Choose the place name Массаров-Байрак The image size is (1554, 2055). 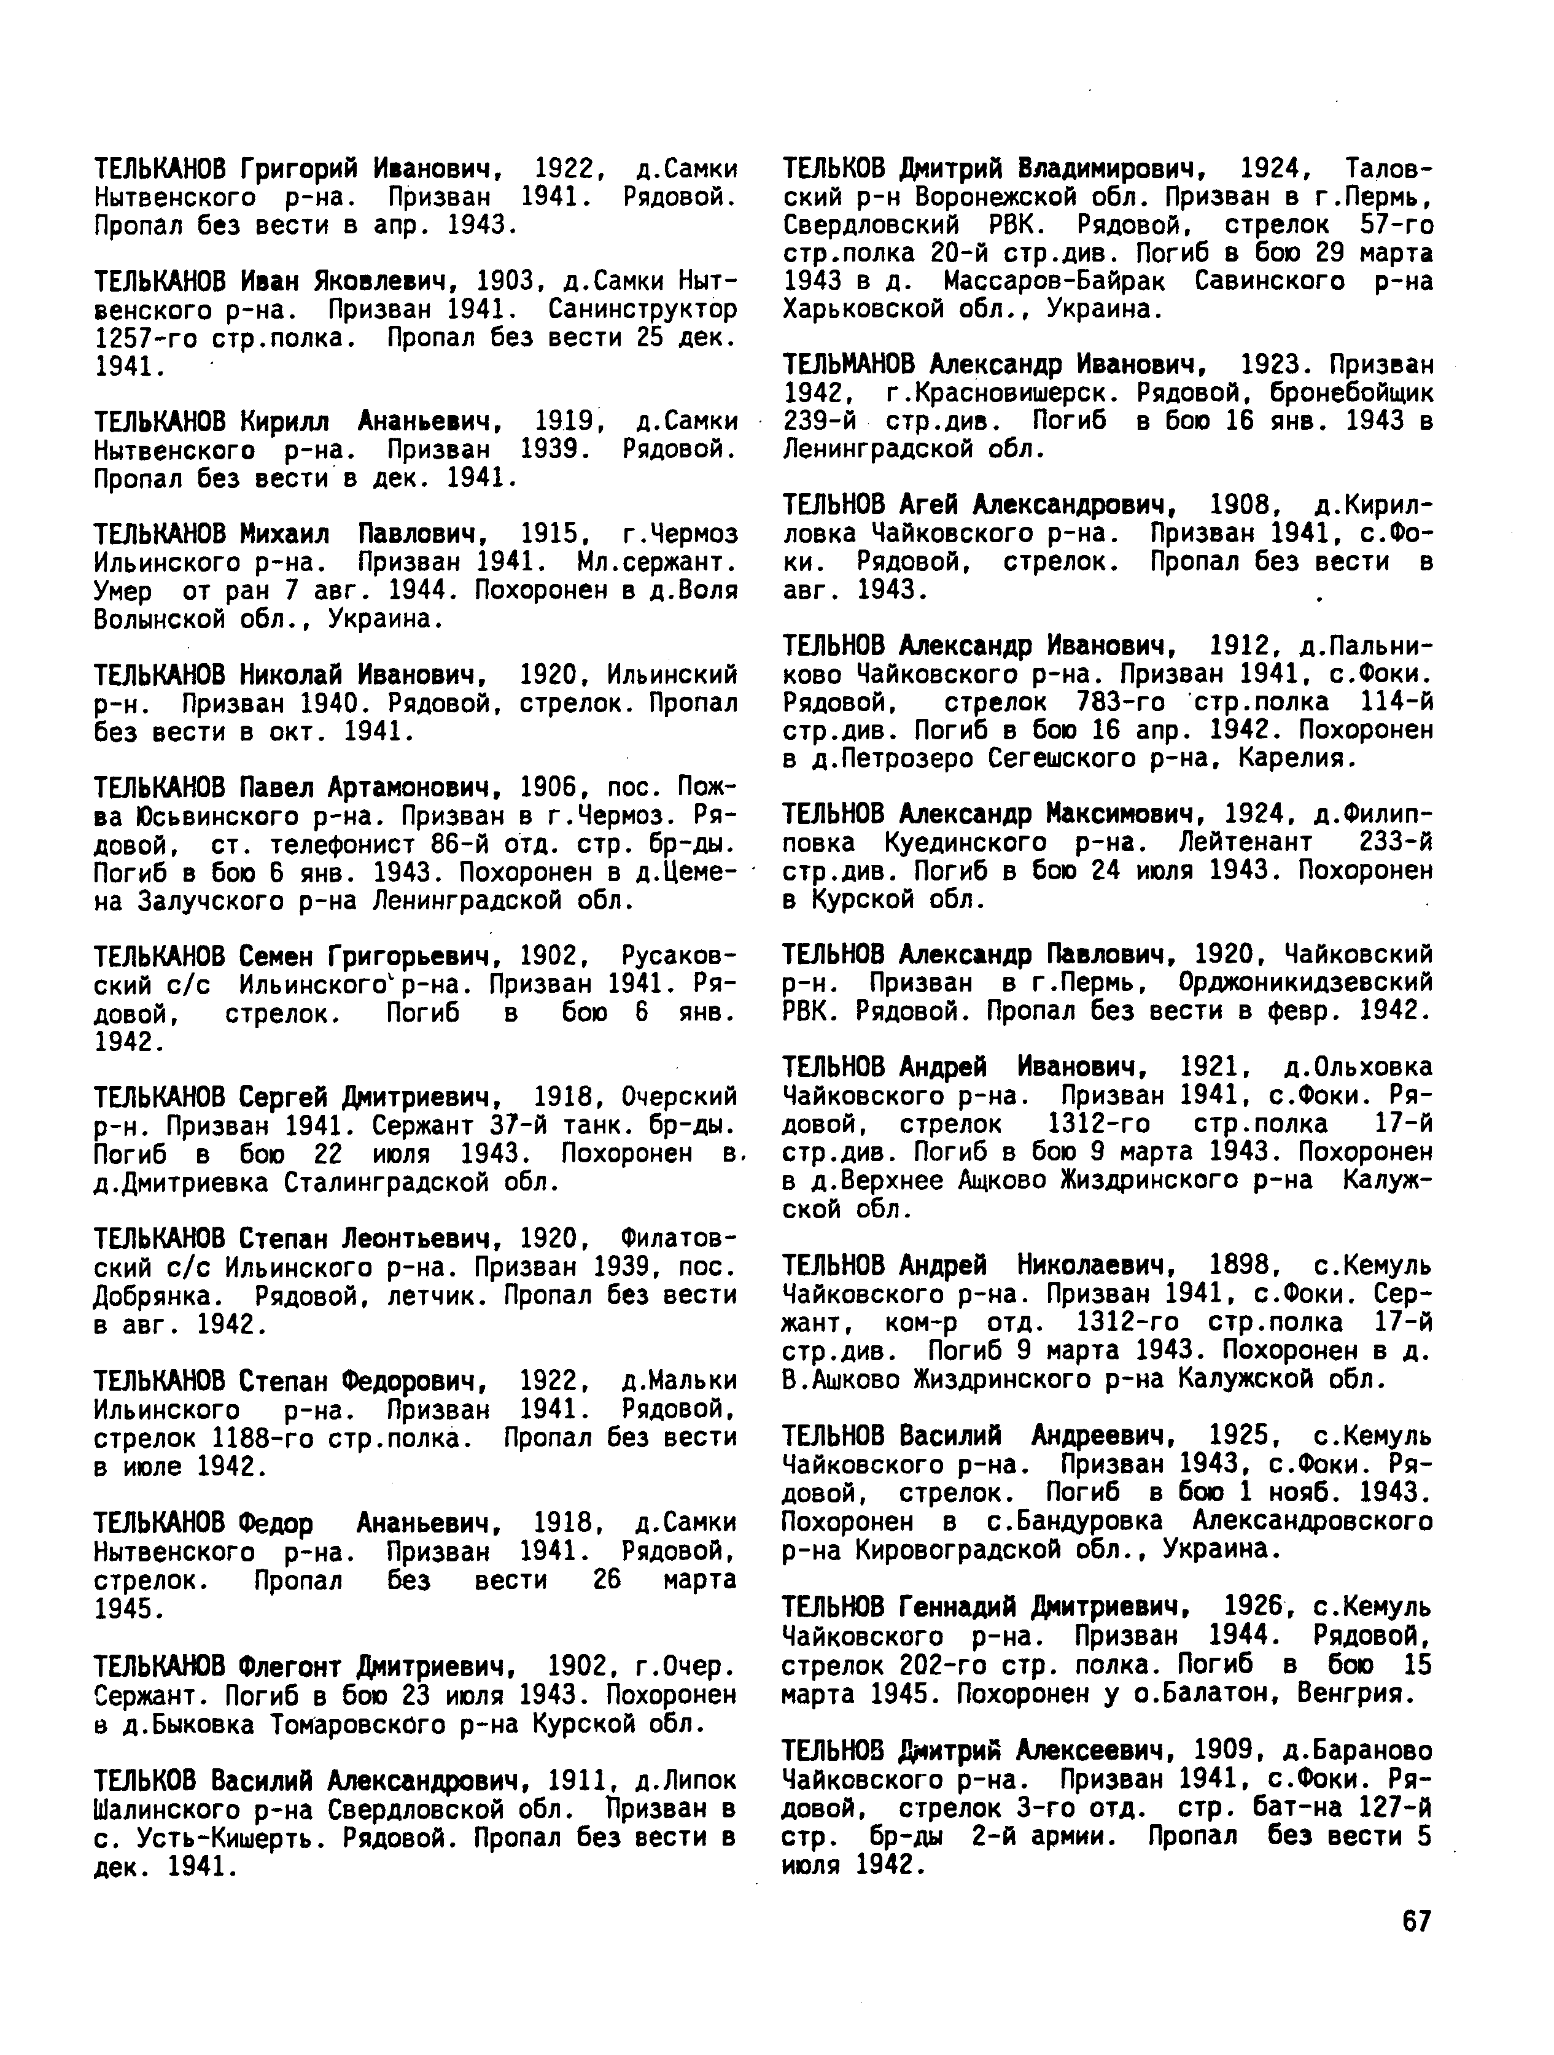1060,281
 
